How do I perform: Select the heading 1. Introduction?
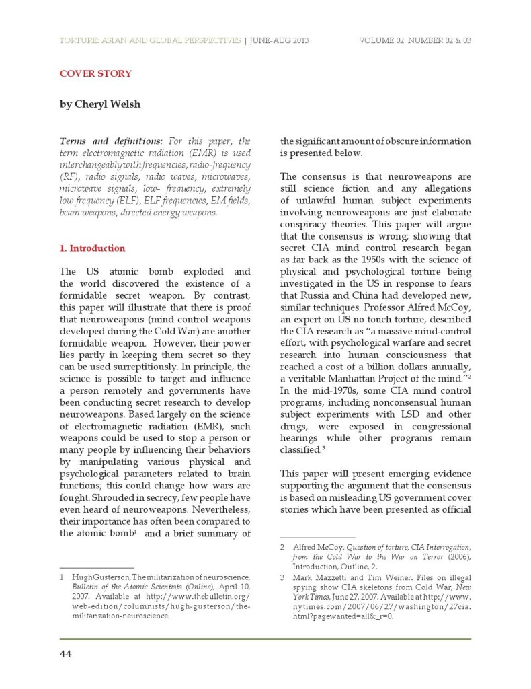(x=93, y=248)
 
